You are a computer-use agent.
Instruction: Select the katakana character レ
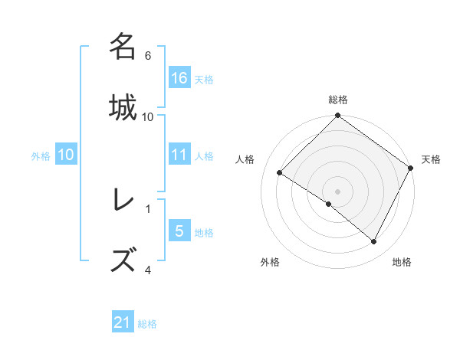[x=123, y=200]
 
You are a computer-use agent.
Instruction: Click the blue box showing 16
[x=179, y=78]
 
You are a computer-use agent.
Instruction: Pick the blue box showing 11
[x=179, y=155]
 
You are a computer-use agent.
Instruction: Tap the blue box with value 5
[x=179, y=231]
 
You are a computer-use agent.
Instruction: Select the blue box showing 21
[x=123, y=323]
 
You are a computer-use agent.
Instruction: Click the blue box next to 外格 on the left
[x=66, y=155]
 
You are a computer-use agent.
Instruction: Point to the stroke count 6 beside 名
[x=148, y=56]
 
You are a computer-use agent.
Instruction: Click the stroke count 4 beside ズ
[x=148, y=270]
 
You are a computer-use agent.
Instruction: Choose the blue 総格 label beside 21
[x=147, y=324]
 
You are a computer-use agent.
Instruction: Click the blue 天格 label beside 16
[x=204, y=79]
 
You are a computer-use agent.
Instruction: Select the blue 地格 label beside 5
[x=204, y=232]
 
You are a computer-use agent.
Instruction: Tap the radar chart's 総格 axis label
[x=337, y=100]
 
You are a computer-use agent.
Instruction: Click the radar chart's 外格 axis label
[x=270, y=262]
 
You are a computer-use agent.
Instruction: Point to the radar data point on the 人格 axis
[x=280, y=172]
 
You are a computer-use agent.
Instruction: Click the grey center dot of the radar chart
[x=337, y=191]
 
